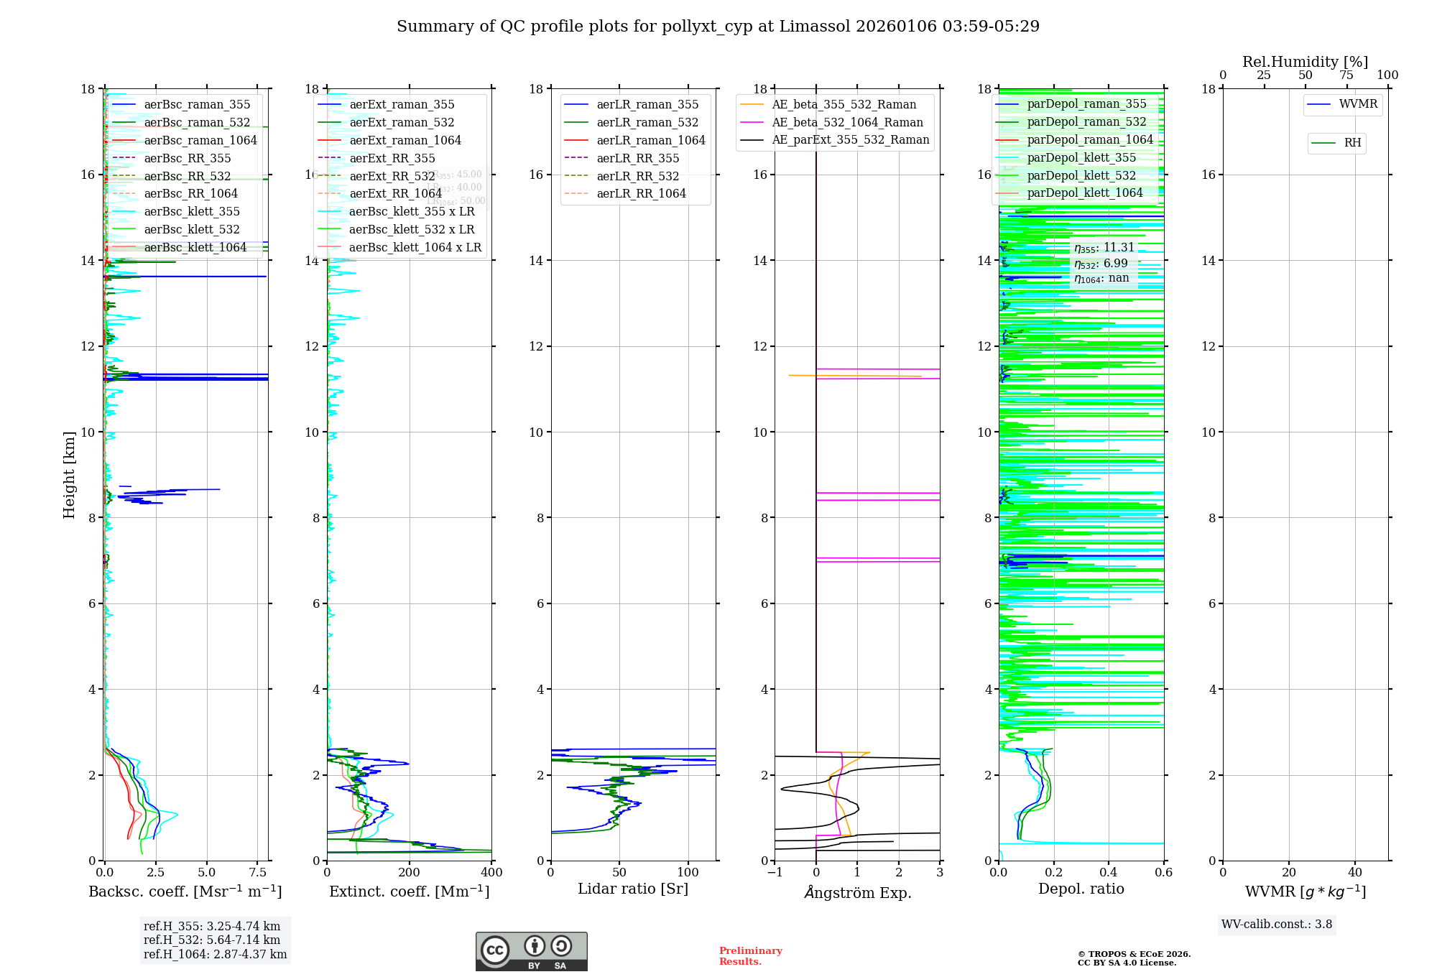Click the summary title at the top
718,27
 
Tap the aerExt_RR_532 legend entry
392,176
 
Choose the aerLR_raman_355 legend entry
647,105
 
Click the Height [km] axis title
69,475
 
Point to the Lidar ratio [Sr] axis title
633,889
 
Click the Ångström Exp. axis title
857,892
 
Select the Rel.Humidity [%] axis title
1305,62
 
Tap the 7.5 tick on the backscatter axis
258,873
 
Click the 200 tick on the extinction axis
410,873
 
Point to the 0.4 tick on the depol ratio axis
1109,873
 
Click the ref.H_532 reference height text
212,940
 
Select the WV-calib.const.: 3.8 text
1277,925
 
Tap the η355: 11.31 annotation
1104,248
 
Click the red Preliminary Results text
750,956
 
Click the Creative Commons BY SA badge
531,952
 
